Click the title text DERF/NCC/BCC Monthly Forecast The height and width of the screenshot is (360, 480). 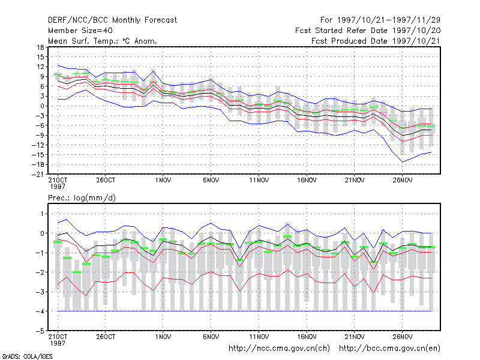coord(112,20)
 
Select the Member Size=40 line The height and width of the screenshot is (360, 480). coord(80,31)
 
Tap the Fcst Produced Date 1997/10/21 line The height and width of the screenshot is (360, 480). coord(376,41)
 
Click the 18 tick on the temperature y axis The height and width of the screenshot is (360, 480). coord(40,47)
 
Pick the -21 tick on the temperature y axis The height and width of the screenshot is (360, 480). coord(38,175)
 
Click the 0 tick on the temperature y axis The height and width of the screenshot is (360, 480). coord(42,106)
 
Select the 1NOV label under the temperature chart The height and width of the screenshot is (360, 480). coord(163,181)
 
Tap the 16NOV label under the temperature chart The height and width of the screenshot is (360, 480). coord(307,181)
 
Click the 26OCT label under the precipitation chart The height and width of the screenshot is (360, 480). coord(106,337)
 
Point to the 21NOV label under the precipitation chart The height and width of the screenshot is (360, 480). coord(355,337)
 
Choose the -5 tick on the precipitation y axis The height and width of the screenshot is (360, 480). coord(41,331)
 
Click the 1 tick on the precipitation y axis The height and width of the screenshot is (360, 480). coord(43,214)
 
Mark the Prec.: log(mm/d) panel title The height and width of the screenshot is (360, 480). coord(82,198)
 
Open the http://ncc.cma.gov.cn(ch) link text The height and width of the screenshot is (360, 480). coord(279,349)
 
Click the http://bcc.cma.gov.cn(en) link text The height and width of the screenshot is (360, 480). coord(389,349)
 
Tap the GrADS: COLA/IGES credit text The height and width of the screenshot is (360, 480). coord(28,356)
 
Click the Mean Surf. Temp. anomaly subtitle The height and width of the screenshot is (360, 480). coord(103,41)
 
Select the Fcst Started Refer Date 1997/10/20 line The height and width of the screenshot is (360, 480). coord(368,31)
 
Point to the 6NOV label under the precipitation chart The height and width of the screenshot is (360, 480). coord(211,337)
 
